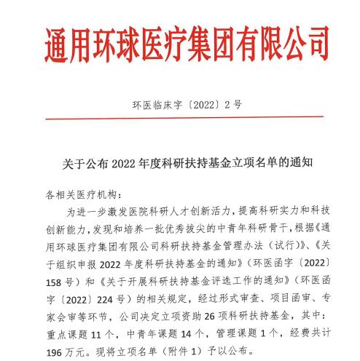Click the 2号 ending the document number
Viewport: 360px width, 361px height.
click(233, 105)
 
